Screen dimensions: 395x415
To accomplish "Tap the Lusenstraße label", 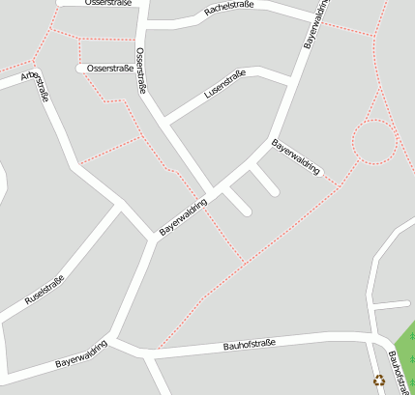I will pyautogui.click(x=225, y=85).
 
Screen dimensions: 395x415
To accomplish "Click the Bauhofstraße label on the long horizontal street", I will pyautogui.click(x=250, y=344).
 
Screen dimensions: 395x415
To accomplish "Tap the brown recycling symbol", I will pyautogui.click(x=379, y=381).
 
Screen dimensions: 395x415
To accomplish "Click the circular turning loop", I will pyautogui.click(x=374, y=142).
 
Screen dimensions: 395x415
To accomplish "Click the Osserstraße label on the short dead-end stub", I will pyautogui.click(x=110, y=69).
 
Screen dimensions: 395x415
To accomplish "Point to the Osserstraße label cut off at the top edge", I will pyautogui.click(x=108, y=3).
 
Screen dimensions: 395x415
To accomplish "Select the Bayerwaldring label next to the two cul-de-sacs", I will pyautogui.click(x=184, y=218).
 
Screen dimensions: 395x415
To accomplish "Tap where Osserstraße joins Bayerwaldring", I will pyautogui.click(x=213, y=189).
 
